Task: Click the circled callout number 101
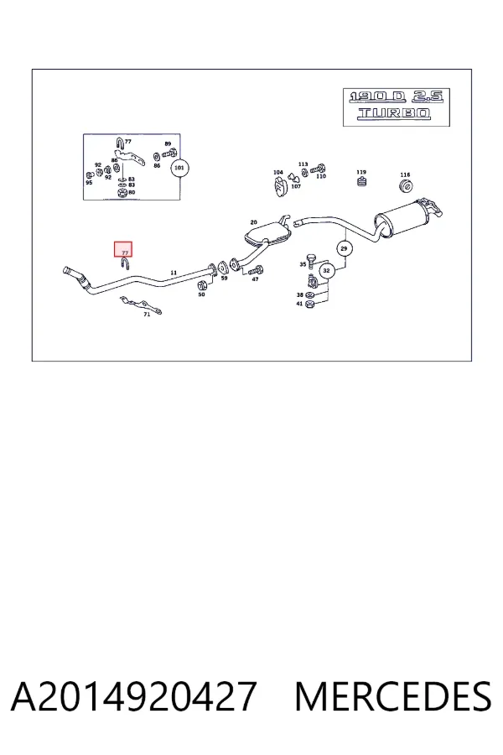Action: click(x=179, y=168)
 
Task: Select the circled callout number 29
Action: click(x=344, y=248)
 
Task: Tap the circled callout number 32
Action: click(x=326, y=271)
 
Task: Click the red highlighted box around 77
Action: click(x=122, y=249)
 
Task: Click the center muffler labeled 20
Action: click(x=269, y=232)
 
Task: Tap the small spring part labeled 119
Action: click(x=361, y=182)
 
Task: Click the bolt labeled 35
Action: click(x=310, y=262)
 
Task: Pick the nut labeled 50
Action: click(x=202, y=284)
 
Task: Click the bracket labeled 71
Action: click(x=141, y=305)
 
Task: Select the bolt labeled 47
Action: click(x=257, y=269)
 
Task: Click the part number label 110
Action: click(x=321, y=176)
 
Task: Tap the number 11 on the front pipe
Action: click(x=174, y=273)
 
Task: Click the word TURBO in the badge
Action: click(x=394, y=113)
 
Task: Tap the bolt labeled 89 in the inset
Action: click(x=170, y=154)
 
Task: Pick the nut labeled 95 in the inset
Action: click(x=89, y=175)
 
